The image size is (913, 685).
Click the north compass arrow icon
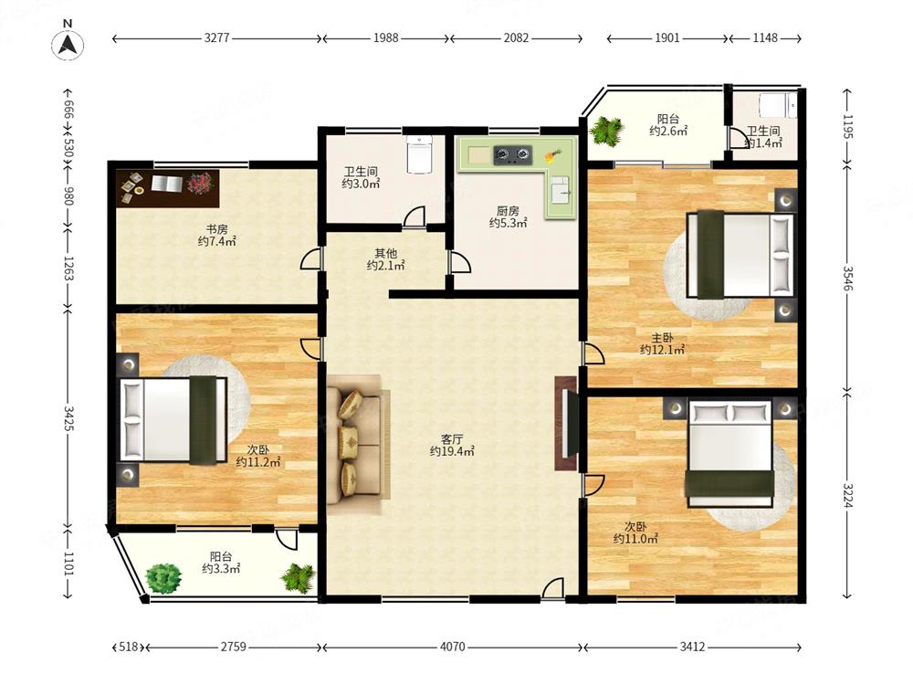point(68,45)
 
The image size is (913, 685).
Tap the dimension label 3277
point(216,37)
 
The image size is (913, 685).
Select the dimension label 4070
point(452,647)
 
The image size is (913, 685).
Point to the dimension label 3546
point(848,279)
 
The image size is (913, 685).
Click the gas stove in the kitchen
point(513,154)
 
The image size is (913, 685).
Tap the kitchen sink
point(561,189)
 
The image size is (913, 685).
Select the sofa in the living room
point(354,445)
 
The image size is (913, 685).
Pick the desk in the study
point(168,188)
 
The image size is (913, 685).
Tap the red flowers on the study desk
point(200,183)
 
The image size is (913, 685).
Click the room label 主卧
point(662,338)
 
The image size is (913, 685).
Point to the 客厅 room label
point(452,438)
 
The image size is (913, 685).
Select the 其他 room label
point(385,253)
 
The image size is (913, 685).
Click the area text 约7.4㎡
point(216,241)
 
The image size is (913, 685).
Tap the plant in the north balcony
point(606,131)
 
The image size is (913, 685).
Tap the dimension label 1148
point(764,37)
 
